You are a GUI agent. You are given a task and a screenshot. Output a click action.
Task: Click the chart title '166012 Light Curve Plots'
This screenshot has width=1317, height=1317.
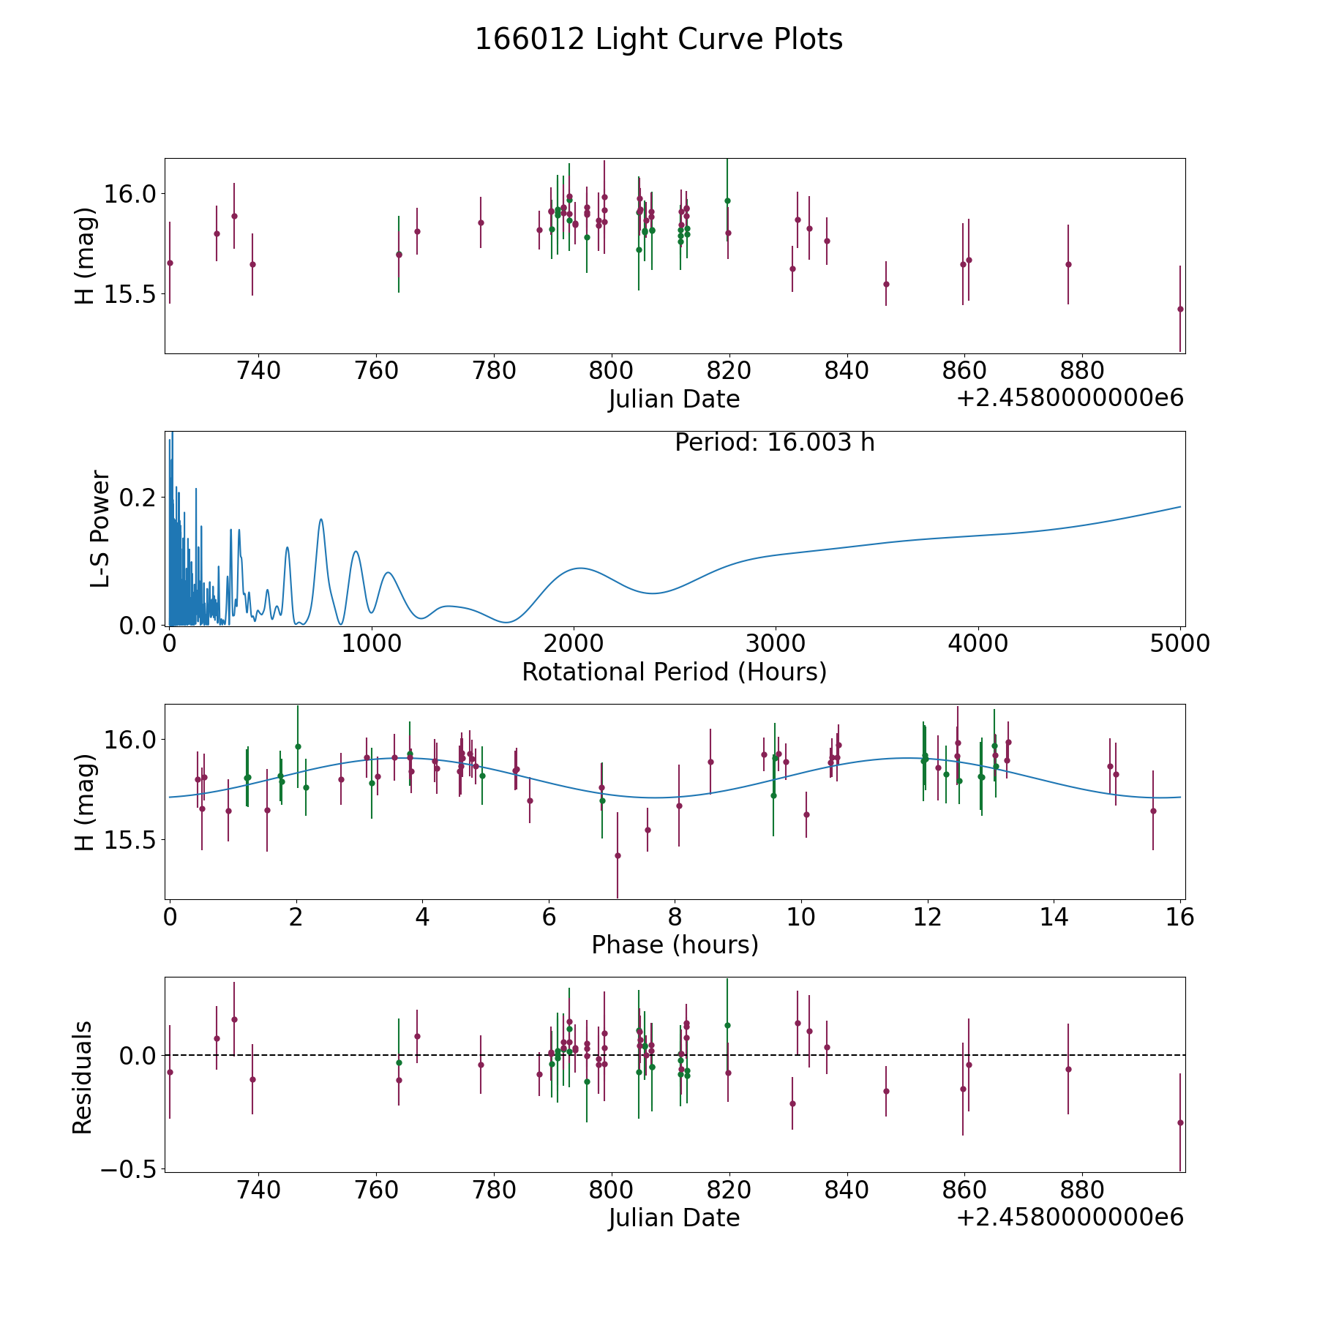658,40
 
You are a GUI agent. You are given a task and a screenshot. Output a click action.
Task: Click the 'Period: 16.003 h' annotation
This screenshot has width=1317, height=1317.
774,443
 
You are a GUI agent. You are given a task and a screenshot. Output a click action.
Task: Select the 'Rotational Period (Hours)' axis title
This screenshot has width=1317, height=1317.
674,672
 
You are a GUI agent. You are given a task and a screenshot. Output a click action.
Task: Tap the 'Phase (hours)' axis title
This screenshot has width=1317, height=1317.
675,945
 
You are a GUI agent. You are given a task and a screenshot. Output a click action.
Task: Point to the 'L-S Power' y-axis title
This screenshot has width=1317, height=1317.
101,528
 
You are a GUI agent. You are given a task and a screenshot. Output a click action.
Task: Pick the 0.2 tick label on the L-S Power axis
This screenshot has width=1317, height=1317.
139,498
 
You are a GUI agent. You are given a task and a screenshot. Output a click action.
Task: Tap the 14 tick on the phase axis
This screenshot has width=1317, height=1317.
1054,917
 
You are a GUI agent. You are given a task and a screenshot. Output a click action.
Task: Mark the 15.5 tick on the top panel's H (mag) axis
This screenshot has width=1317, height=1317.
130,295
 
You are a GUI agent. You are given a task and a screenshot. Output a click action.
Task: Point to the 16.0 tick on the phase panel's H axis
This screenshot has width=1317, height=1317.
130,740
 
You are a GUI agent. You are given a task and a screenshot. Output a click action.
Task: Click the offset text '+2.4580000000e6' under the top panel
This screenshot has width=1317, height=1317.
1070,398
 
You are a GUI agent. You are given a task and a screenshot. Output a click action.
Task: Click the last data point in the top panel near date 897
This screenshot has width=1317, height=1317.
1180,309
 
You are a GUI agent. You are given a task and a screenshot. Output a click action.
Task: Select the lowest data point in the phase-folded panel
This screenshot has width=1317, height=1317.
618,855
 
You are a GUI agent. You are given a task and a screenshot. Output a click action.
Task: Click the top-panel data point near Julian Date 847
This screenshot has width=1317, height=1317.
886,284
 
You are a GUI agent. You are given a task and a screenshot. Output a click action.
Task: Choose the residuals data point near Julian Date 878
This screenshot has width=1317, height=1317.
1068,1069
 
